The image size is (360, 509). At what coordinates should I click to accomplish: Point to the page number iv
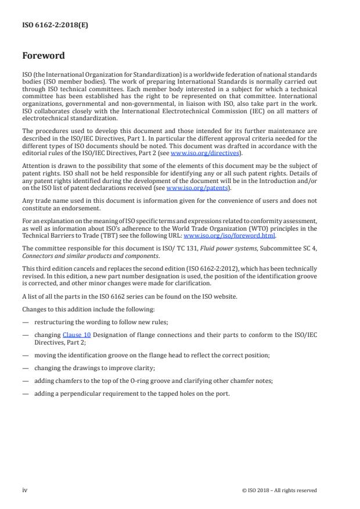click(x=24, y=490)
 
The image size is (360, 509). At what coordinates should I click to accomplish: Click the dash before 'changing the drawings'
click(x=25, y=367)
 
